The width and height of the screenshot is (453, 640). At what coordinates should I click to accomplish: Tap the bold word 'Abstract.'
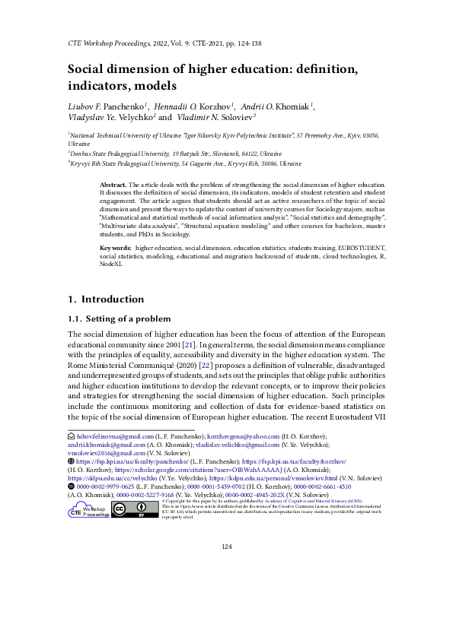point(113,185)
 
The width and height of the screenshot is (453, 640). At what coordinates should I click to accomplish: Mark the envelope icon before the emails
point(72,436)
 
